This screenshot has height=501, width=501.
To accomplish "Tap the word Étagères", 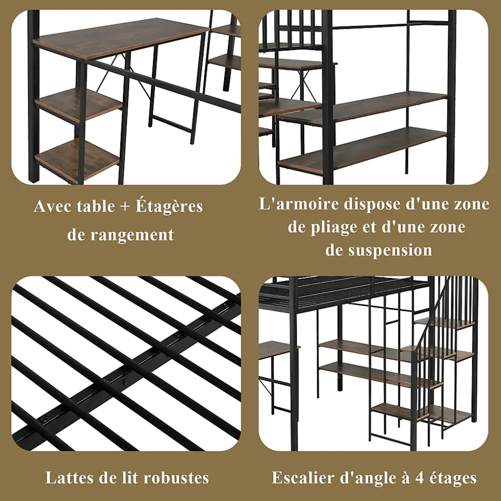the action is (x=169, y=206).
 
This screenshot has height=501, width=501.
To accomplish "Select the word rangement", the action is (x=132, y=235).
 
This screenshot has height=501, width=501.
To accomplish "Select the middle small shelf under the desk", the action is (x=79, y=105).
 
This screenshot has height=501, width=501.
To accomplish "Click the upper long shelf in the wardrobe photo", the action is (x=363, y=107).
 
